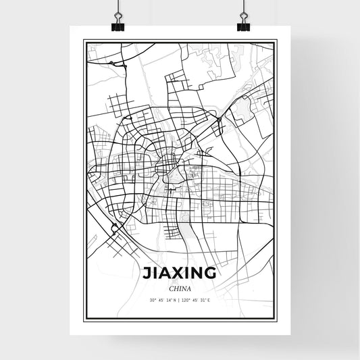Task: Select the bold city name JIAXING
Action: point(180,274)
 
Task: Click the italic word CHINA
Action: point(180,288)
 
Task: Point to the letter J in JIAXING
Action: point(147,274)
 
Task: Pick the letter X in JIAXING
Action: point(178,274)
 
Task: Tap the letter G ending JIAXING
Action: point(211,274)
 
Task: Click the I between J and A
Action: point(154,274)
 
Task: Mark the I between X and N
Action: point(187,274)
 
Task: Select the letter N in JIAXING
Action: point(197,274)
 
